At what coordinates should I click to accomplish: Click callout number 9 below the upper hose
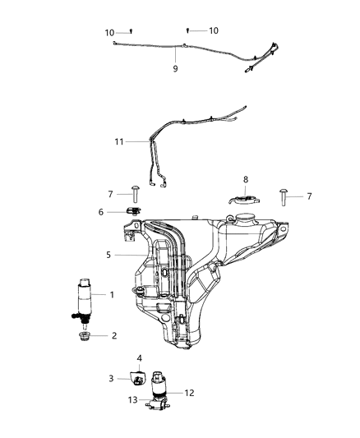[175, 69]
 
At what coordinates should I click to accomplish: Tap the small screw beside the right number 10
[187, 30]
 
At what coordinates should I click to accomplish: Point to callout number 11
[119, 141]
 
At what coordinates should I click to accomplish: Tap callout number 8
[245, 179]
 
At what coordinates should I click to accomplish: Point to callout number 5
[107, 256]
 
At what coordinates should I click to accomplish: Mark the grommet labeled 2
[84, 336]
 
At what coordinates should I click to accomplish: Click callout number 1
[113, 294]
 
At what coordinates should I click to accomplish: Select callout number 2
[113, 336]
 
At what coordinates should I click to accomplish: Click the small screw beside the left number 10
[132, 30]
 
